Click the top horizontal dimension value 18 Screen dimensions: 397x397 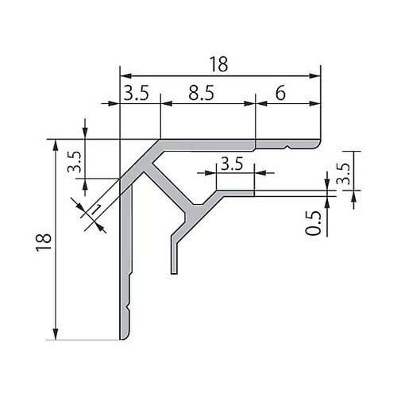click(x=218, y=64)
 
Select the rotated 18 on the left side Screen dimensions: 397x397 click(x=44, y=242)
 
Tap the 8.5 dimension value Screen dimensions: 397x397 click(x=201, y=93)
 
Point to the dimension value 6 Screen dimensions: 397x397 click(x=280, y=93)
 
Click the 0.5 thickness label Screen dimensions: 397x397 click(x=313, y=223)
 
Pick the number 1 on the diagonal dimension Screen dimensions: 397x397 click(x=96, y=209)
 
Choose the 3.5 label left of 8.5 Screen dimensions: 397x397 click(x=137, y=93)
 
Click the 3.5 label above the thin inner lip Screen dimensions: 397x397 click(x=232, y=164)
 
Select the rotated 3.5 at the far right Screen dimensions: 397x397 click(x=343, y=173)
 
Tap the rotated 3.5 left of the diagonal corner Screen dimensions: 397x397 click(x=74, y=162)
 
